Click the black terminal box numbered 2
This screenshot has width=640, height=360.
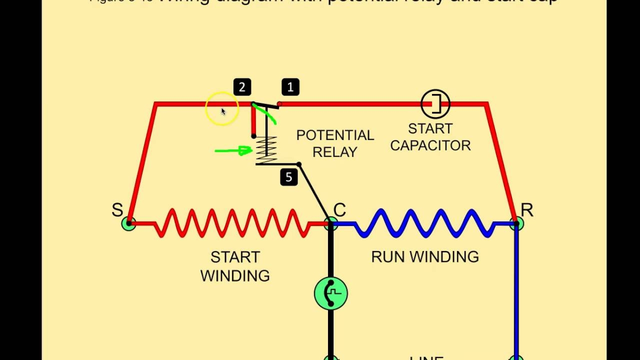242,87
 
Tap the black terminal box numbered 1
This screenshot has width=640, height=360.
290,87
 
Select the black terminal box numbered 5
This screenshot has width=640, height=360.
289,177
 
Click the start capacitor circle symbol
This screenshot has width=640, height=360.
435,104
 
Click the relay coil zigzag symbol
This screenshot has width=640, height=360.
266,150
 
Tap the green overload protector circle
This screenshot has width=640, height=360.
330,293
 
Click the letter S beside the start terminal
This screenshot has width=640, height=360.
117,210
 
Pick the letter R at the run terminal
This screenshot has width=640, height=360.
527,210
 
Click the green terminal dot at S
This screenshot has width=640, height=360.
128,223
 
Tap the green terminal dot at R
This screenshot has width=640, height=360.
517,223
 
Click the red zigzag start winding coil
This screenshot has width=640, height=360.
232,223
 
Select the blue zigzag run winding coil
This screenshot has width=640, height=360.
425,223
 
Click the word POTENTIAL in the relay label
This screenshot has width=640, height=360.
335,135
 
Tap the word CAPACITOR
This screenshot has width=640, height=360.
430,145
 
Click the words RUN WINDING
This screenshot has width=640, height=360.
425,257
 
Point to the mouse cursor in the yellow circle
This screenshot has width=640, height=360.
223,111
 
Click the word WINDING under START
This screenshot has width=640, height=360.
235,276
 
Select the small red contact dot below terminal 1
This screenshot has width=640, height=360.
279,104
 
